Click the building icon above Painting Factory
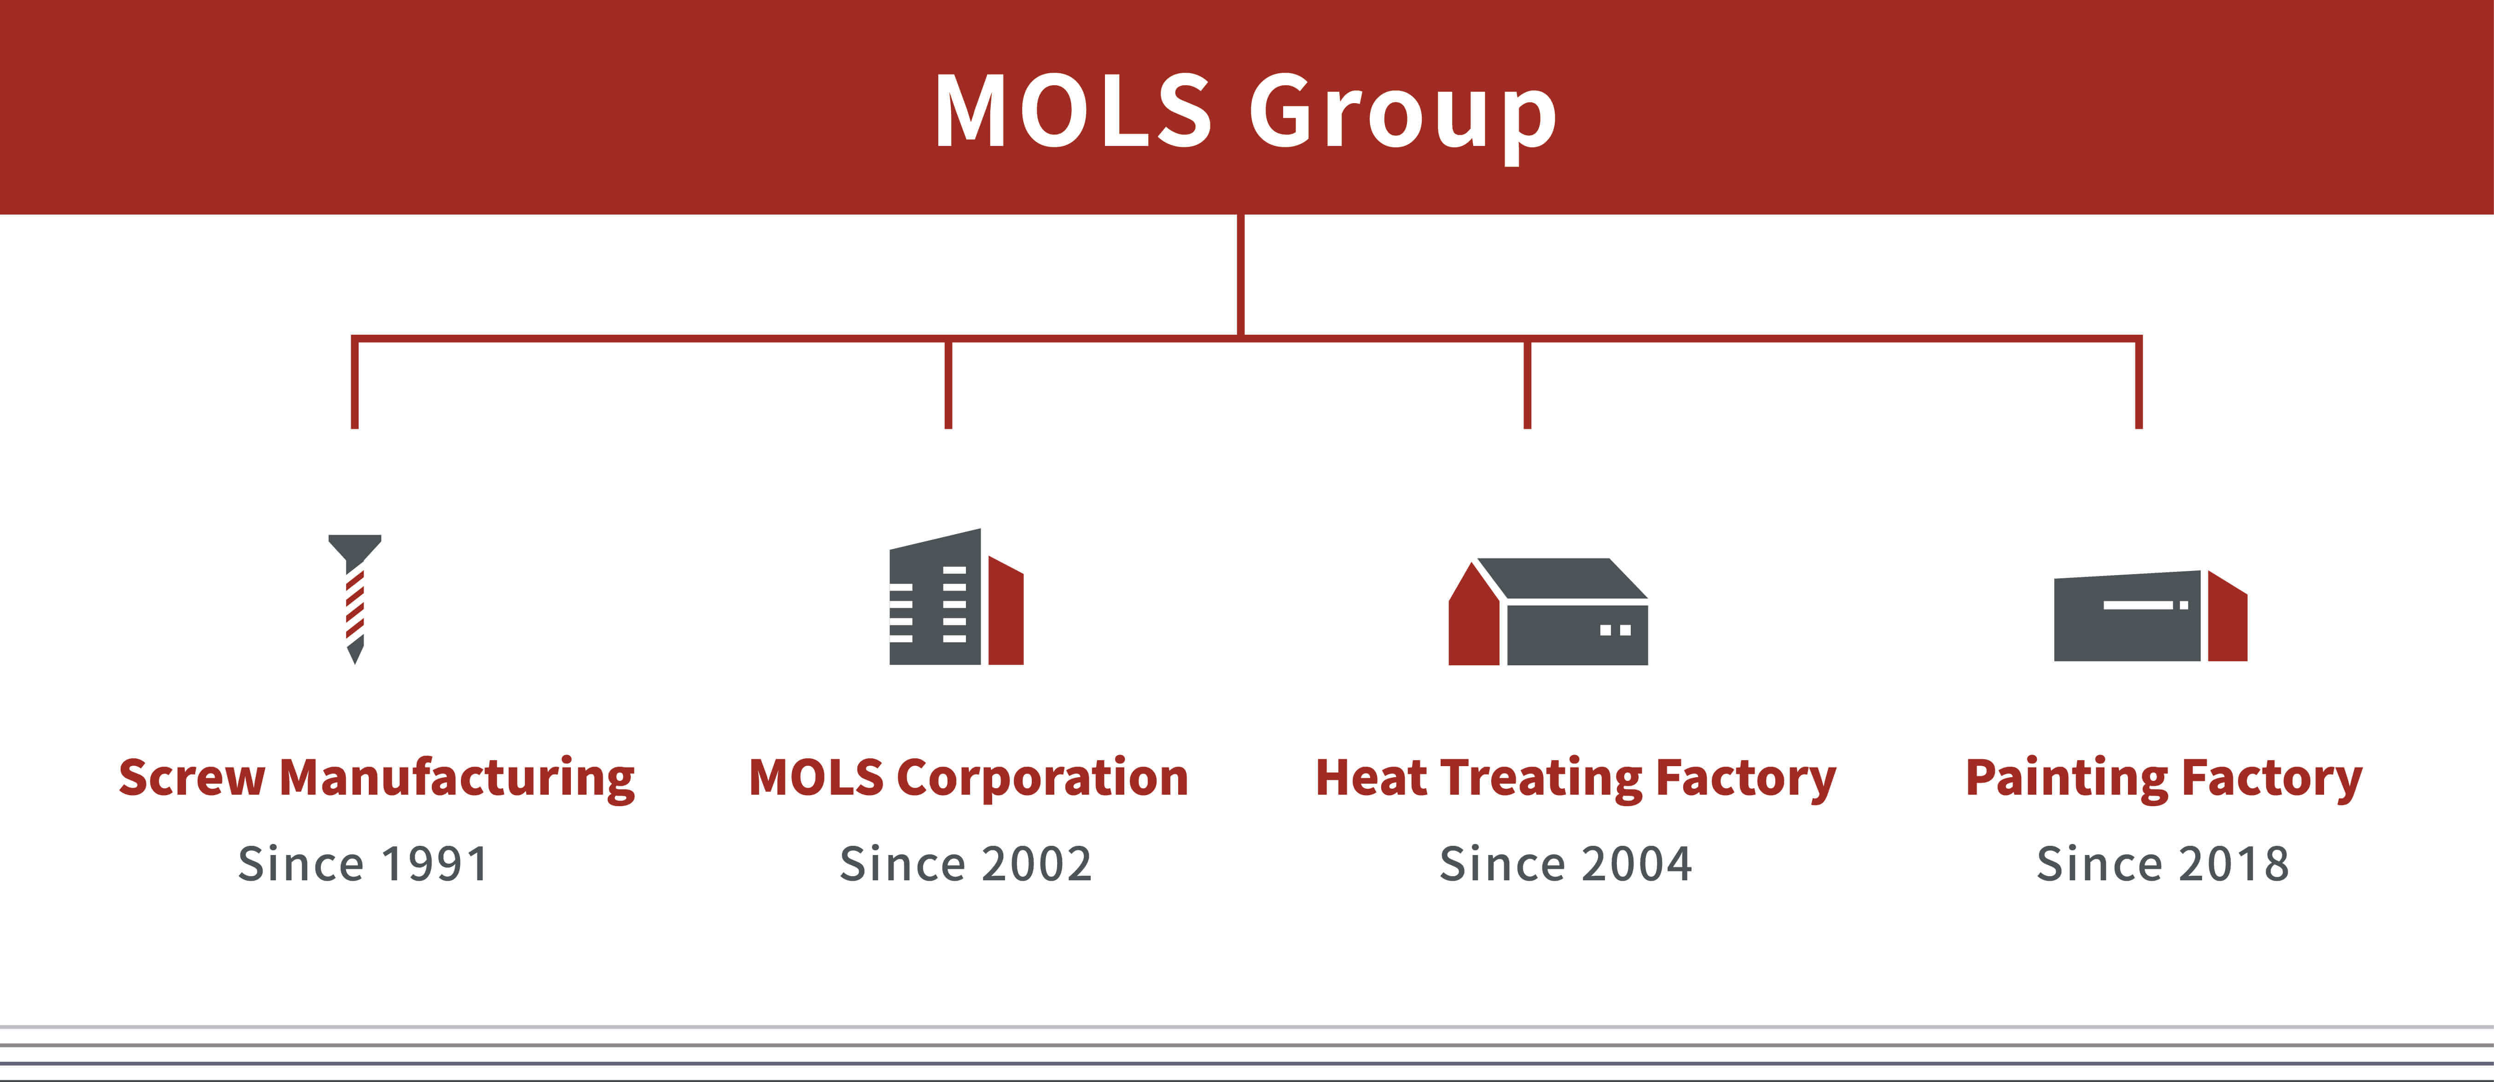click(x=2150, y=616)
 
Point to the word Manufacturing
click(x=457, y=779)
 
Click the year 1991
click(x=436, y=863)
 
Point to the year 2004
click(x=1637, y=863)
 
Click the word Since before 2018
click(x=2101, y=863)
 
